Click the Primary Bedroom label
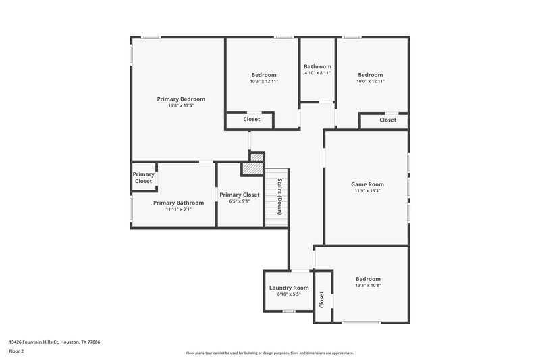point(181,99)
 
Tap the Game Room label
point(367,184)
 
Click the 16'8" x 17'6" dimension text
point(181,106)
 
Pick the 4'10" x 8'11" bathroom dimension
point(317,73)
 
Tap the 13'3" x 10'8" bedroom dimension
point(369,286)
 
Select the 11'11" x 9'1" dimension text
point(178,209)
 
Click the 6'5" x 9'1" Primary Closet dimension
point(240,201)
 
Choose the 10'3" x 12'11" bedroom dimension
point(264,82)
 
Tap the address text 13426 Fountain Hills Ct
point(55,342)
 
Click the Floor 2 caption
point(16,351)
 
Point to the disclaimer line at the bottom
point(269,353)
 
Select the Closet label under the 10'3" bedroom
point(252,120)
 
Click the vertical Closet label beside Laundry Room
point(322,298)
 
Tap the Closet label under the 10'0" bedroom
point(387,120)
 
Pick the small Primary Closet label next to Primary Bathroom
point(143,178)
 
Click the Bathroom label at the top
point(317,66)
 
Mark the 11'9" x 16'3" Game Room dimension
point(367,190)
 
